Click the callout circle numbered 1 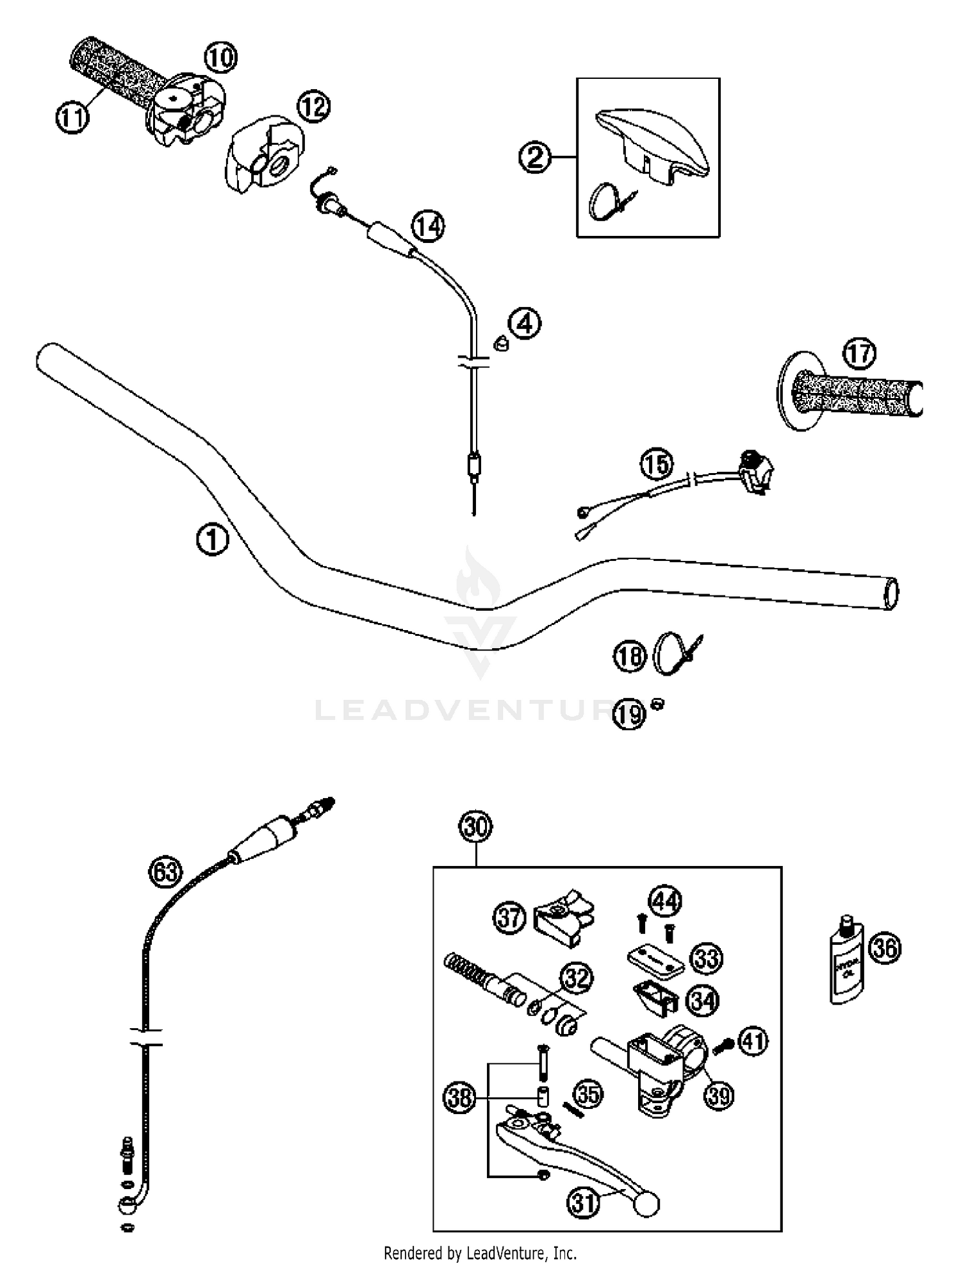click(212, 539)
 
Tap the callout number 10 click(220, 58)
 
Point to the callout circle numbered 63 click(165, 872)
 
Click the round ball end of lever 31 click(646, 1204)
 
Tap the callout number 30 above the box click(476, 827)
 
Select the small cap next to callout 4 click(500, 343)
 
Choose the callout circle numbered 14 click(428, 226)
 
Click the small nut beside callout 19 click(657, 704)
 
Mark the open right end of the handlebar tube click(891, 594)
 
